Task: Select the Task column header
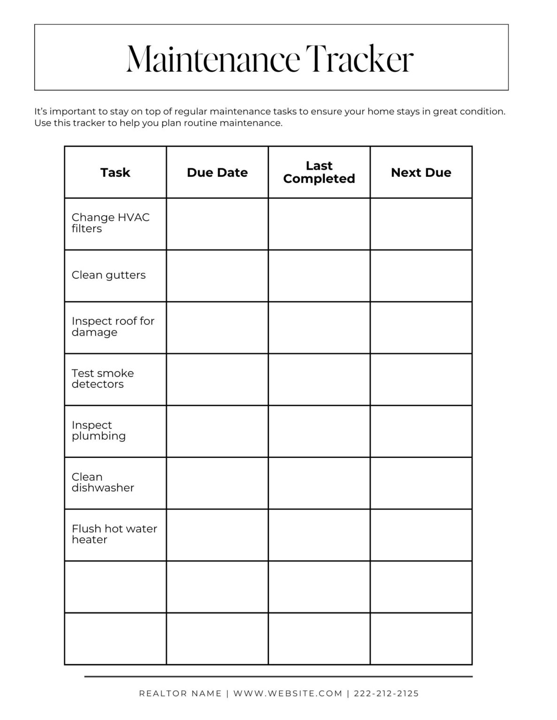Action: coord(115,172)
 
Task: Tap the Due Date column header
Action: coord(217,172)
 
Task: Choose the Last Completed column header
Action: coord(319,172)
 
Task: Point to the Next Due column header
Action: coord(421,172)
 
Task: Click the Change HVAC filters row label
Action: coord(110,223)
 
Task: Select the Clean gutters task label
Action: coord(108,275)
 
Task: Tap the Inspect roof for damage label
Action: coord(113,327)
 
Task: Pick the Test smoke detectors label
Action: coord(102,379)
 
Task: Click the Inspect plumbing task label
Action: coord(99,430)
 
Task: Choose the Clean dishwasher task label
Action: coord(103,482)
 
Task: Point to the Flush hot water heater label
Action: coord(114,534)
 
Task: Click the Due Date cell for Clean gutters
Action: coord(217,276)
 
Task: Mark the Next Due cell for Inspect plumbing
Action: coord(421,431)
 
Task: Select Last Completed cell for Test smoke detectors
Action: coord(319,379)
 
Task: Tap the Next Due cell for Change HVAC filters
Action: coord(421,224)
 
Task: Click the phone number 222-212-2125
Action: coord(386,693)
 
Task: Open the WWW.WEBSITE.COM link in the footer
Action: coord(288,693)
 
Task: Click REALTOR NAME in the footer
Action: coord(180,693)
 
